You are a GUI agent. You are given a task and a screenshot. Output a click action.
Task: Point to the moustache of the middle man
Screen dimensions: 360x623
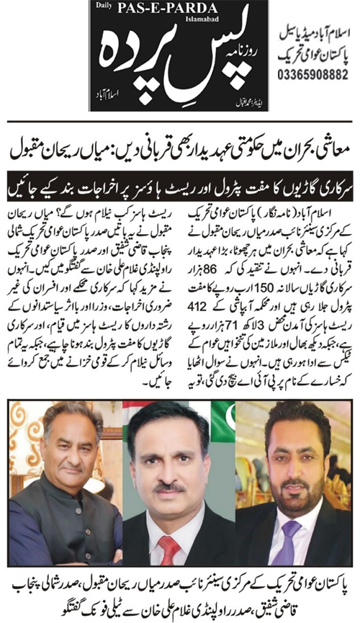point(169,488)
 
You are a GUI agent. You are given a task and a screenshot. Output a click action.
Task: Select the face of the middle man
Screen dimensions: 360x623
point(171,468)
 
